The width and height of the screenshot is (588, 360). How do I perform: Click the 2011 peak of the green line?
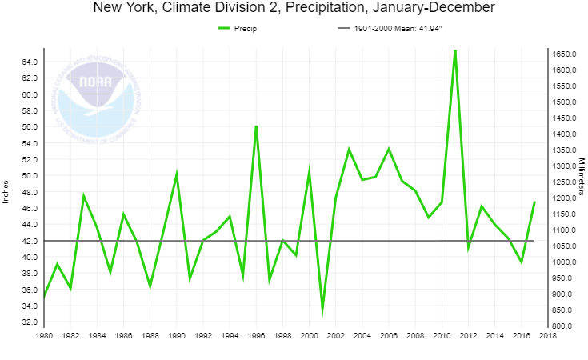coord(454,50)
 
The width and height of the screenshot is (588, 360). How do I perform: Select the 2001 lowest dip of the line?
coord(322,313)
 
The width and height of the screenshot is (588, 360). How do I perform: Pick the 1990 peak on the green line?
coord(177,174)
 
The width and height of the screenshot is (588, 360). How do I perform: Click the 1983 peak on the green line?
coord(83,195)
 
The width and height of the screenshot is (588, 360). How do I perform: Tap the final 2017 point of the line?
coord(534,202)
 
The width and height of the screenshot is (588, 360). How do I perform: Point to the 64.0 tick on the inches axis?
coord(30,62)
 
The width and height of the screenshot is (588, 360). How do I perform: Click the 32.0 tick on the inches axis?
coord(30,322)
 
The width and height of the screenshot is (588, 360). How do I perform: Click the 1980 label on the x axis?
coord(44,336)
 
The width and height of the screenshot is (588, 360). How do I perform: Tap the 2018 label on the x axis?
coord(547,336)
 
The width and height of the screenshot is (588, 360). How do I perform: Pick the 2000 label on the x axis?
coord(309,336)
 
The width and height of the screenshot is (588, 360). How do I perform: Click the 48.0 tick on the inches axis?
coord(30,192)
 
